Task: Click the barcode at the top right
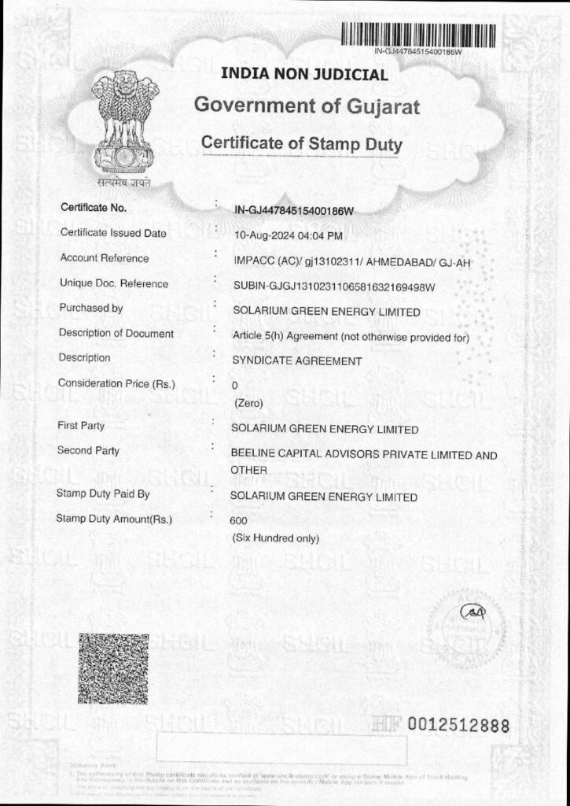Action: click(418, 35)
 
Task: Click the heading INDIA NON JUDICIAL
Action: click(304, 76)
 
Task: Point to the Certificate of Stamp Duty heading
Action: click(302, 144)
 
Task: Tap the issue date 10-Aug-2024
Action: click(265, 235)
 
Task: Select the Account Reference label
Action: click(104, 258)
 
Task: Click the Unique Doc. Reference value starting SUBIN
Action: click(334, 286)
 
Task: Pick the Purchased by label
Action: click(90, 309)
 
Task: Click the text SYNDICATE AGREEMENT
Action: click(296, 360)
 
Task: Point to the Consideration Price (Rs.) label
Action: click(116, 383)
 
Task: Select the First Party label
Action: click(81, 426)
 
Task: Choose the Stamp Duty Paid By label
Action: click(103, 494)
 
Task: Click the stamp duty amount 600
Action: click(237, 520)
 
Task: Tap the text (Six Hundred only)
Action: click(275, 538)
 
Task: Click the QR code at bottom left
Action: click(113, 668)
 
